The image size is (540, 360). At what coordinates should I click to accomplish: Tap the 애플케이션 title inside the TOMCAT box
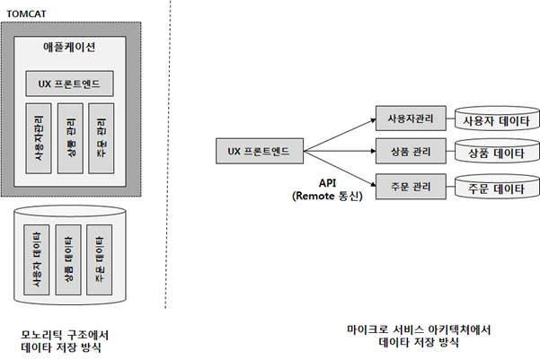(69, 46)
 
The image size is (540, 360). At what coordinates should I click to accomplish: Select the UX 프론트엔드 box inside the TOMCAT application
(69, 84)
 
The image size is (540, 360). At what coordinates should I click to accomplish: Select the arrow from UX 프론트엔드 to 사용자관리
(340, 133)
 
